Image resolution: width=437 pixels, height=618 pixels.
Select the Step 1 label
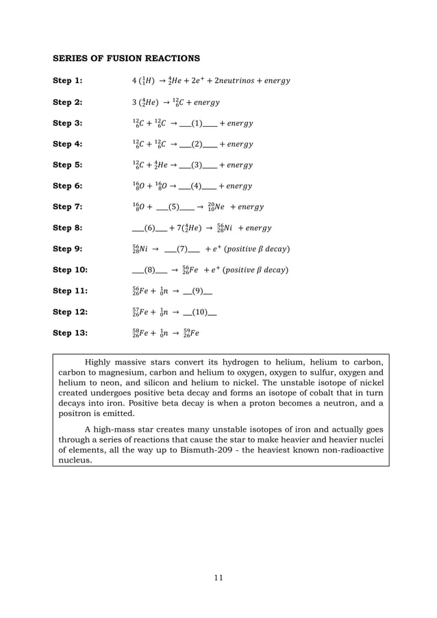(68, 81)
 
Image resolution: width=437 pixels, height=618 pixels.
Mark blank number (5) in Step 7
(173, 207)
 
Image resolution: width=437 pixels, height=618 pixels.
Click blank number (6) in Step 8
(150, 228)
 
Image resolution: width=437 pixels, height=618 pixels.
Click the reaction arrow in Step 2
(168, 102)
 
